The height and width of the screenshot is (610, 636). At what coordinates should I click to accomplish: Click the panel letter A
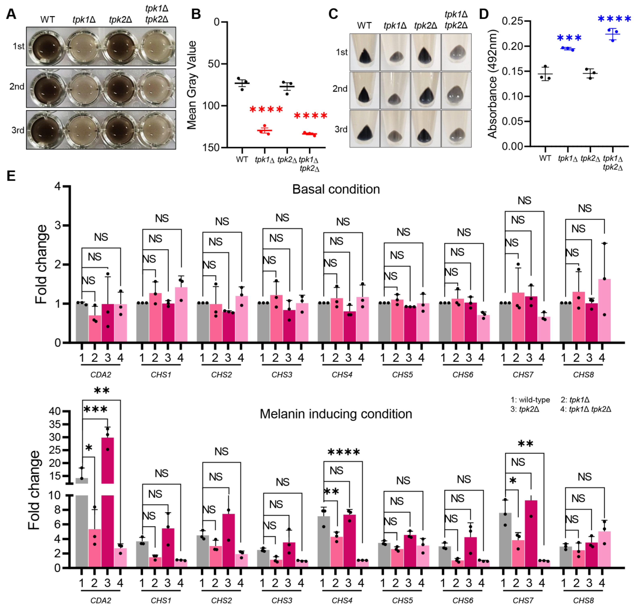11,14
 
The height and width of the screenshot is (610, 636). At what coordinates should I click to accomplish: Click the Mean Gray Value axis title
192,85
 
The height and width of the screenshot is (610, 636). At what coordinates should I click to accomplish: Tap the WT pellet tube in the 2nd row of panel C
364,90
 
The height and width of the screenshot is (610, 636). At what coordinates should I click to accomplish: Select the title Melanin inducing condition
336,414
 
